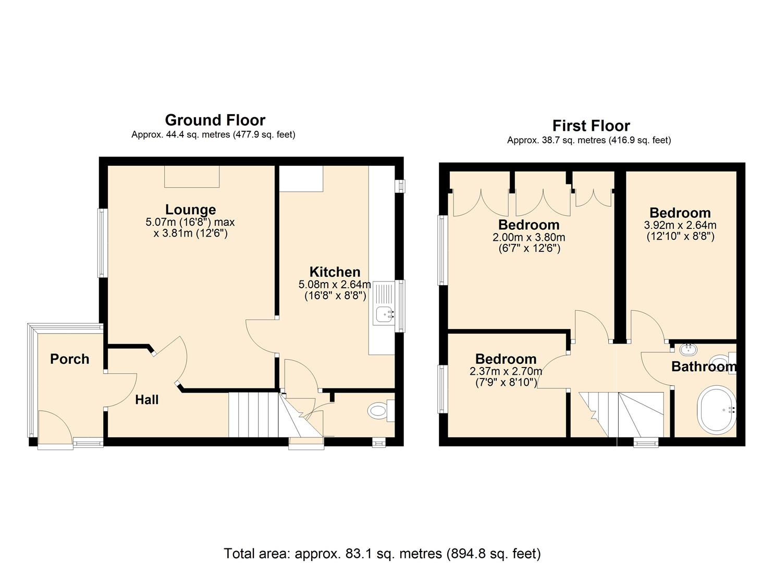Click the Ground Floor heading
point(215,120)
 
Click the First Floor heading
point(591,126)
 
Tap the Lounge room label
point(190,210)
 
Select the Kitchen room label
point(335,272)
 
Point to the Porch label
point(69,359)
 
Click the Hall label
point(146,400)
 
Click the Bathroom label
point(704,366)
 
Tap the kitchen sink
point(384,314)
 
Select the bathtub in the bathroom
point(717,410)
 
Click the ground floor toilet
point(379,410)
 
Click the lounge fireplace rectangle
point(192,177)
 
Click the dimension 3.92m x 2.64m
point(680,225)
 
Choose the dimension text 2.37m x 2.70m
point(506,371)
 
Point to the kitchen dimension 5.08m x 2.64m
point(335,284)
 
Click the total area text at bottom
point(382,553)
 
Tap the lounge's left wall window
point(103,243)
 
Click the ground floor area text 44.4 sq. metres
point(213,134)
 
